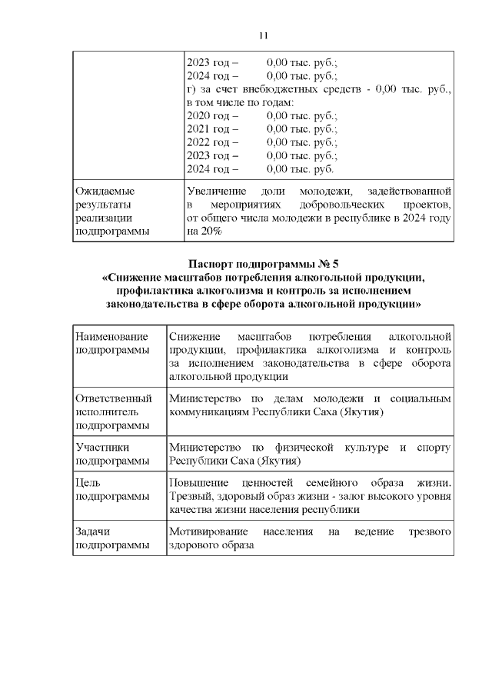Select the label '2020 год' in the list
[x=208, y=115]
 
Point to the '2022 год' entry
[x=208, y=142]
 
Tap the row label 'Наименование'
[x=111, y=337]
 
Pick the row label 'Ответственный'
[x=113, y=398]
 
